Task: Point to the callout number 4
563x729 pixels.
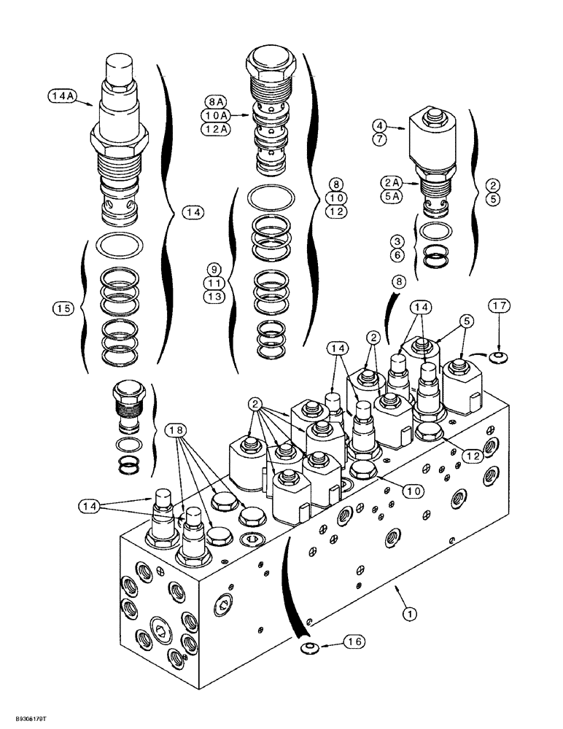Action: (380, 125)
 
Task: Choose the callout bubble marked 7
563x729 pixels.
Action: (380, 139)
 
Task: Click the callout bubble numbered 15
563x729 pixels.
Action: (63, 309)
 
